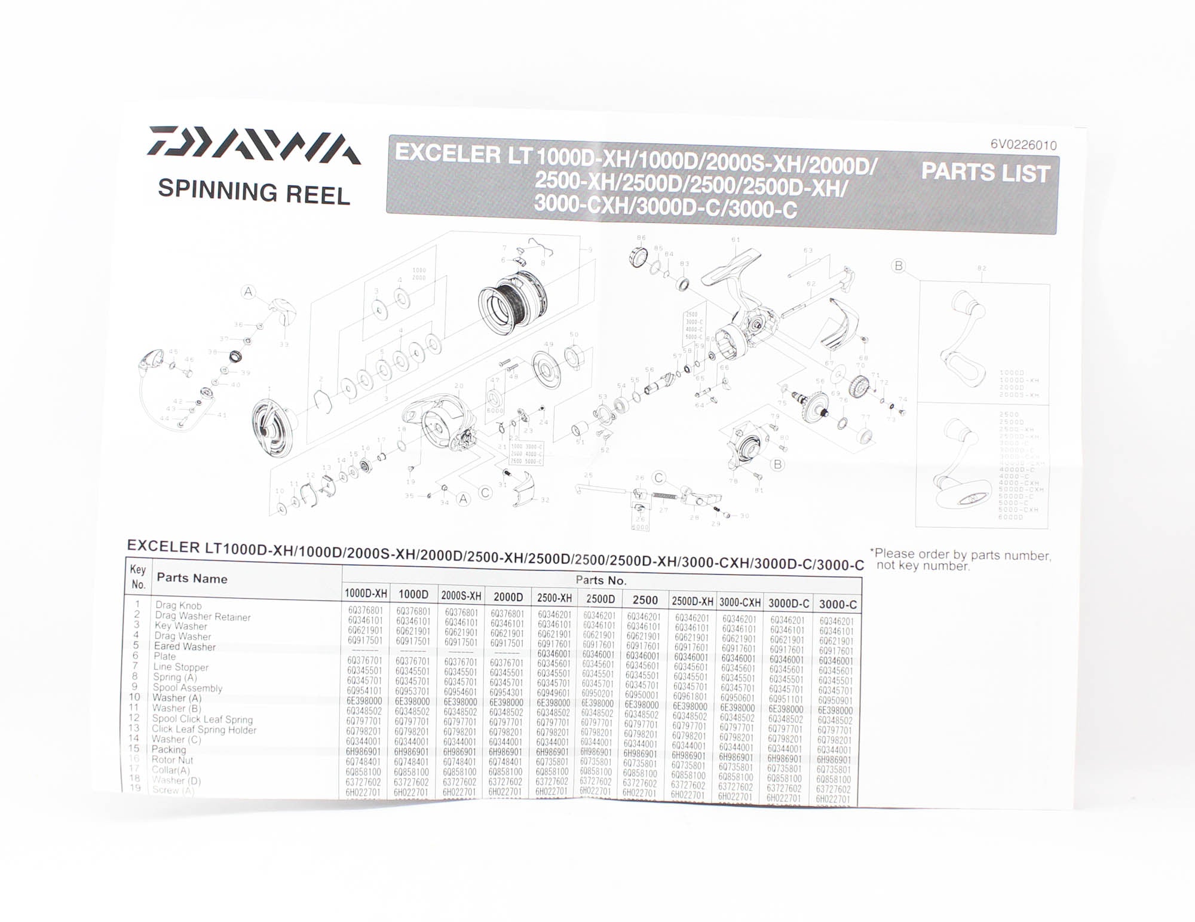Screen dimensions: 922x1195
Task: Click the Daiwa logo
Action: click(253, 145)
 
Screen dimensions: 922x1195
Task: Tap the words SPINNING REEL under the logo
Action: click(253, 192)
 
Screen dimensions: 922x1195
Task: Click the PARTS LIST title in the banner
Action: click(985, 173)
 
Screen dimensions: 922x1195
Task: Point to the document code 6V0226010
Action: click(1023, 145)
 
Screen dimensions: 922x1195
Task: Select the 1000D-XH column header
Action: click(366, 593)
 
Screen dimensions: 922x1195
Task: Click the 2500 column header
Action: click(645, 600)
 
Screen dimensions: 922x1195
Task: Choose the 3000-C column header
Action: click(837, 605)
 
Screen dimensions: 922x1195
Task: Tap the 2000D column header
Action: click(508, 597)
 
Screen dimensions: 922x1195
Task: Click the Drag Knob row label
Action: click(178, 605)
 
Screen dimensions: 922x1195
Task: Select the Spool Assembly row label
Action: click(187, 688)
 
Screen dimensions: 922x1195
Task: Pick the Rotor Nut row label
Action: click(172, 760)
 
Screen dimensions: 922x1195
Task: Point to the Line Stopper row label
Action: click(180, 667)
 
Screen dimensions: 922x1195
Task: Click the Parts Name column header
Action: click(192, 578)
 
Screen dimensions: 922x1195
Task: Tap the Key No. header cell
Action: click(138, 577)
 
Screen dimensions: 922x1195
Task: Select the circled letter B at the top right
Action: click(898, 266)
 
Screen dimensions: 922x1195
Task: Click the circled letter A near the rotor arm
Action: click(248, 292)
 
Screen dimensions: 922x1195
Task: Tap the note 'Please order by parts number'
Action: click(962, 560)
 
